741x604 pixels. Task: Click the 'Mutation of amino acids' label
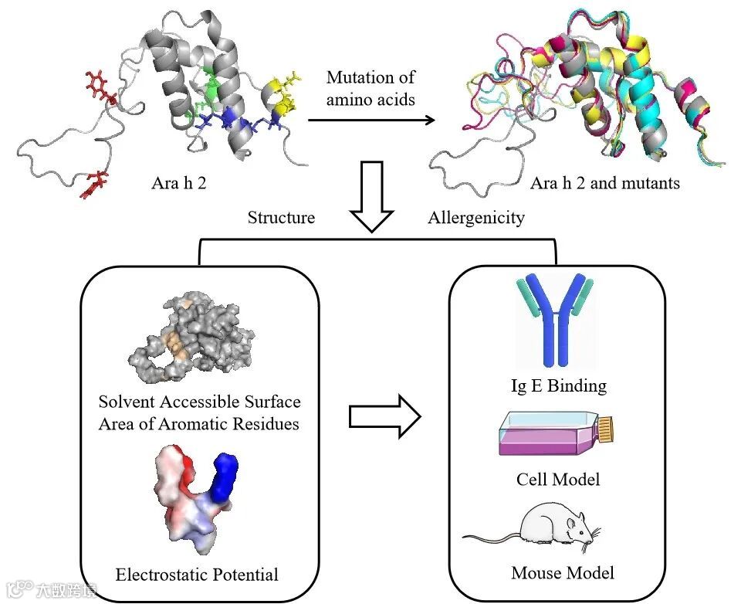tap(370, 88)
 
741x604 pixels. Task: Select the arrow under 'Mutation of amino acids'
tap(370, 120)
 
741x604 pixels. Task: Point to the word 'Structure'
tap(281, 218)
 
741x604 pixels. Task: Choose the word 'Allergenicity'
tap(476, 218)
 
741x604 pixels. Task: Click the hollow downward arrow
tap(372, 197)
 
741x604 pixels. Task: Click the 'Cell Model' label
tap(558, 480)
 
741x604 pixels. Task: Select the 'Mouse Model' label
tap(563, 573)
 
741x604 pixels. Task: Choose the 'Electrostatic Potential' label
tap(197, 574)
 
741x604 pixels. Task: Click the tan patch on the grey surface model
tap(176, 344)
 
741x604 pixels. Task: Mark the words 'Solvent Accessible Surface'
tap(199, 402)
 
